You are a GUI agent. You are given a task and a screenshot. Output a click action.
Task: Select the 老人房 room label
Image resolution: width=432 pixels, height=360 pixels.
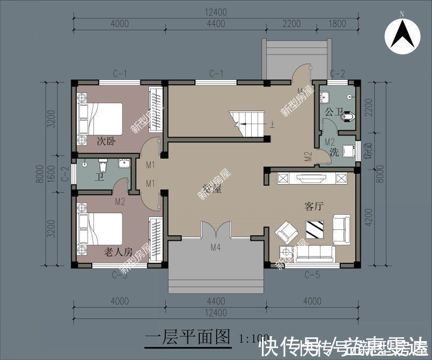pos(118,252)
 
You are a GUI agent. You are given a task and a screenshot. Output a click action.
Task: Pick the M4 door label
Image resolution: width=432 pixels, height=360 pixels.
pos(216,248)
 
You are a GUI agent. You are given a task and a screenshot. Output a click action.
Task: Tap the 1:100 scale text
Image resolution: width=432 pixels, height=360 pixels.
pos(253,338)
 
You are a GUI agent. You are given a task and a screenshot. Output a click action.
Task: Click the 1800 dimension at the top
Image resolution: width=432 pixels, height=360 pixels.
pos(337,23)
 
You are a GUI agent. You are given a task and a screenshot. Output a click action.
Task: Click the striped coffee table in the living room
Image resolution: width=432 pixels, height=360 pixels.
pos(314,229)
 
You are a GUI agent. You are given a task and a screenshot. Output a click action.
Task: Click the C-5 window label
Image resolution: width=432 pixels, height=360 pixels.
pos(312,275)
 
